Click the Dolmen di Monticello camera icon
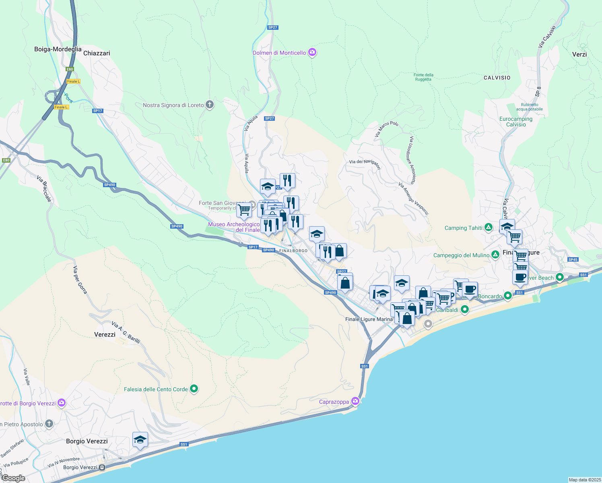pos(312,52)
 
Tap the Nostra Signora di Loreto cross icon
pos(209,105)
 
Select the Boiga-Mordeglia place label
pos(58,49)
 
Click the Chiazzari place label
pos(97,53)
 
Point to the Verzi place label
pos(579,54)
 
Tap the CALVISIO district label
pos(497,78)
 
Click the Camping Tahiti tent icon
pos(488,228)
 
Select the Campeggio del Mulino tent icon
pos(495,255)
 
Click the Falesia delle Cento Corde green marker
pos(194,389)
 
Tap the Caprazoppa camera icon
pos(355,401)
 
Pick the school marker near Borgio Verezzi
pos(140,440)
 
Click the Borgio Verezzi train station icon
pos(102,467)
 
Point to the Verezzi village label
pos(105,334)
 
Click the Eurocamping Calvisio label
pos(516,122)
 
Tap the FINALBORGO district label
pos(293,251)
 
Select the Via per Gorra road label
pos(80,280)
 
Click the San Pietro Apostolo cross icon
pos(49,424)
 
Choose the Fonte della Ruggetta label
pos(423,77)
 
